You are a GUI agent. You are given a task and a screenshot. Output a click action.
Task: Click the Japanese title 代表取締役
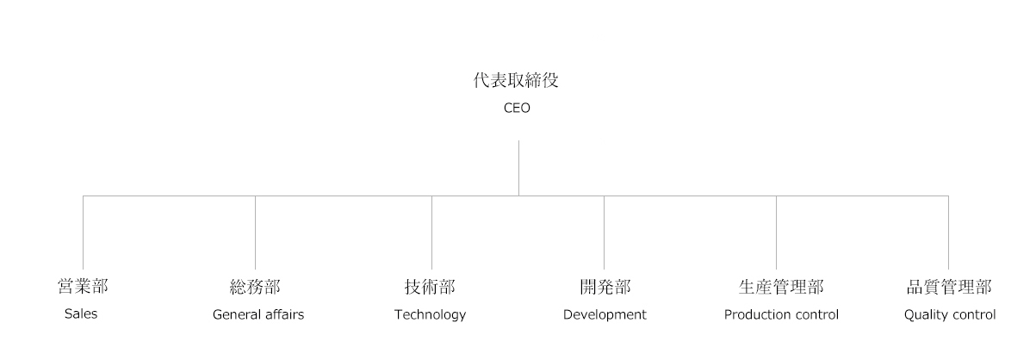coord(517,82)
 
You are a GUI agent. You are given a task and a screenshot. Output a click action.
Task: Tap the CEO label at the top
coord(517,109)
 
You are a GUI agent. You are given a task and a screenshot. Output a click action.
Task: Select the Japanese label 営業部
coord(83,287)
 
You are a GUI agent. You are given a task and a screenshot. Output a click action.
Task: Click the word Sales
coord(81,314)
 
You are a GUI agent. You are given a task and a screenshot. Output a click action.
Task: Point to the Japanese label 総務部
coord(255,287)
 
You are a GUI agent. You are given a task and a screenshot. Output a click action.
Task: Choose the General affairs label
coord(258,315)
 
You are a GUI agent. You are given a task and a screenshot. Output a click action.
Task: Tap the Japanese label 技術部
coord(430,287)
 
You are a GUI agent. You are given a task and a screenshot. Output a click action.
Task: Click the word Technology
coord(430,315)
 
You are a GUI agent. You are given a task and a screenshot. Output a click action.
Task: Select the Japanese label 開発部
coord(605,287)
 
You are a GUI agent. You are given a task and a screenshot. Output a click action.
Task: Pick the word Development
coord(605,315)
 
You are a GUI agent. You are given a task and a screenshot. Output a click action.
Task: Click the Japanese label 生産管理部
coord(781,287)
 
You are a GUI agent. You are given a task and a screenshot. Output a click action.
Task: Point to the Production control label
coord(781,315)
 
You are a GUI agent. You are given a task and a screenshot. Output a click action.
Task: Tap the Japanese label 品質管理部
coord(949,287)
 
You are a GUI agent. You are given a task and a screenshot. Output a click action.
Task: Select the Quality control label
coord(950,315)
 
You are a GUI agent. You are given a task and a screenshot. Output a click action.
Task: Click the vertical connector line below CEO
coord(518,167)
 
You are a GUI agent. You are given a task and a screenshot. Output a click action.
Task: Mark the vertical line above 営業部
coord(83,233)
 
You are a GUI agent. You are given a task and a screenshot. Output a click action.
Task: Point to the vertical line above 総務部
coord(255,233)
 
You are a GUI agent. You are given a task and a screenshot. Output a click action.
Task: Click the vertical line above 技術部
coord(431,233)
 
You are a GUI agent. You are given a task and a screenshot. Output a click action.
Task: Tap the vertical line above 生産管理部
coord(776,233)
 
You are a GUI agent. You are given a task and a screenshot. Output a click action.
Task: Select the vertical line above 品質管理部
coord(948,233)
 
